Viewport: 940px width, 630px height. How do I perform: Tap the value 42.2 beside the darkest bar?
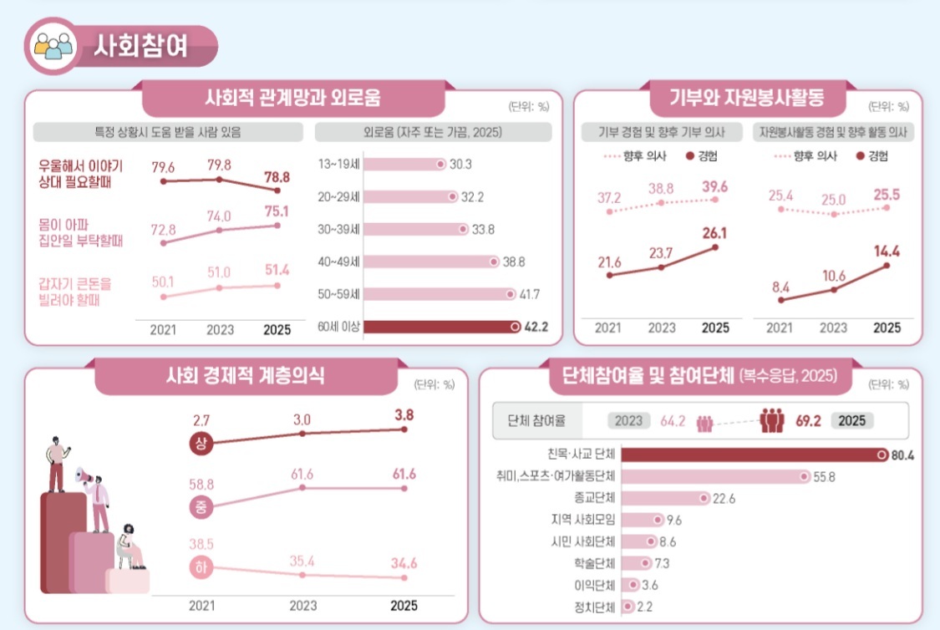tap(536, 328)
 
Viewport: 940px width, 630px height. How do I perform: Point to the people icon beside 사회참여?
tap(53, 45)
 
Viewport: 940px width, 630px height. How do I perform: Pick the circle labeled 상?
tap(201, 443)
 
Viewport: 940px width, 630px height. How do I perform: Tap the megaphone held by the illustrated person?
tap(84, 476)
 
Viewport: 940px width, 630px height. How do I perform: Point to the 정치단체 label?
tap(596, 606)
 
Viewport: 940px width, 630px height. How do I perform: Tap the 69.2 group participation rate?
tap(809, 420)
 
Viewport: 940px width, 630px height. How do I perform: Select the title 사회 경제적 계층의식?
tap(246, 377)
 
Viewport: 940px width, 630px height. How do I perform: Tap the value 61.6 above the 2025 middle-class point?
tap(405, 475)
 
